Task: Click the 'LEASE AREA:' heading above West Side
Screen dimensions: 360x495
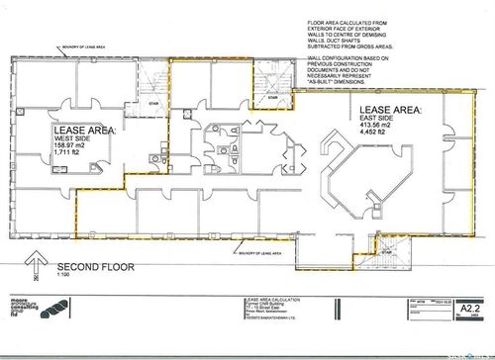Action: pyautogui.click(x=83, y=130)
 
